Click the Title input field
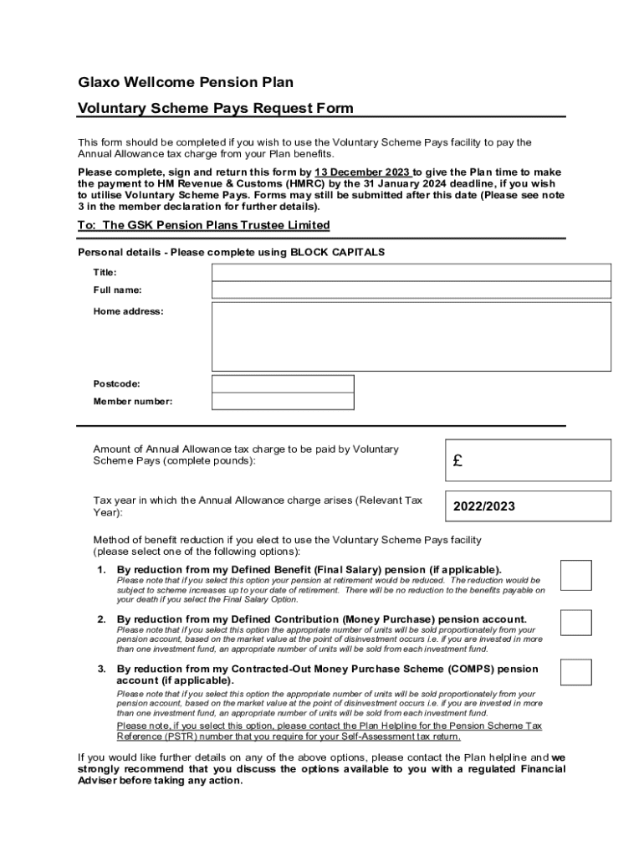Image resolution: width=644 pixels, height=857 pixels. coord(411,273)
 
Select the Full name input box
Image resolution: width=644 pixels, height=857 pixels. coord(411,290)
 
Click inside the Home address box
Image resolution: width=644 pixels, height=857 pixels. coord(411,336)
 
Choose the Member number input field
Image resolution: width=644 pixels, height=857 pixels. coord(283,402)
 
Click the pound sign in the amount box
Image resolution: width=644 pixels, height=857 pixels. coord(457,461)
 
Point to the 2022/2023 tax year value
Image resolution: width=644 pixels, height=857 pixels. coord(484,506)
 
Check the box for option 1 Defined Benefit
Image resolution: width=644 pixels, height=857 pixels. coord(575,575)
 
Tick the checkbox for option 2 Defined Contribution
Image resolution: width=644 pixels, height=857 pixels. coord(575,623)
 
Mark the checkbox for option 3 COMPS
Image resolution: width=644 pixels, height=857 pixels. coord(575,672)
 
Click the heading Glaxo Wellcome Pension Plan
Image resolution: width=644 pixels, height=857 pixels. coord(186,82)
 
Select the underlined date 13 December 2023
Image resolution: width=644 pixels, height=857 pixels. coord(361,172)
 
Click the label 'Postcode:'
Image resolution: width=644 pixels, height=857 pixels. coord(116,384)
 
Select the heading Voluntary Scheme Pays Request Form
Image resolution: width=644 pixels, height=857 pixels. coord(215,108)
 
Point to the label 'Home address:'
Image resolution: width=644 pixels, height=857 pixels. coord(128,311)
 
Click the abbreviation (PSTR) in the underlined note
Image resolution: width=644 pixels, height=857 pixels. coord(185,737)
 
